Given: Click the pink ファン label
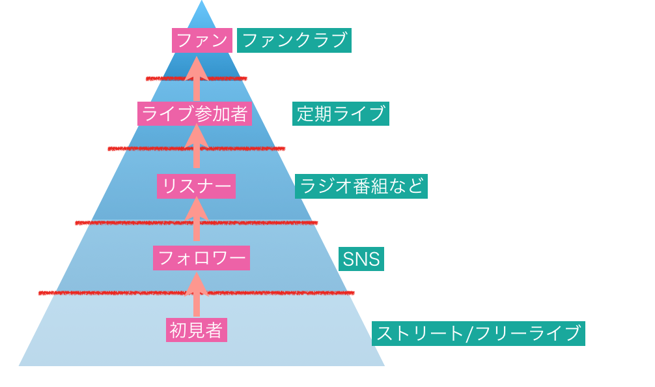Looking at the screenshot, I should pyautogui.click(x=202, y=40).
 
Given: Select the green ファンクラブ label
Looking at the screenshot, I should pyautogui.click(x=294, y=40).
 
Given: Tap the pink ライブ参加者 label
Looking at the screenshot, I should pyautogui.click(x=195, y=114).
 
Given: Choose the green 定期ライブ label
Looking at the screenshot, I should pyautogui.click(x=341, y=113).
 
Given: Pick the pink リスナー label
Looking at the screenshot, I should pyautogui.click(x=196, y=187).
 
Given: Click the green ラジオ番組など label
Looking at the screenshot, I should pyautogui.click(x=361, y=186).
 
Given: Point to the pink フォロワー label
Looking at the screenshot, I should pyautogui.click(x=201, y=258).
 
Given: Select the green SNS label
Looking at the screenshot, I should pyautogui.click(x=361, y=259).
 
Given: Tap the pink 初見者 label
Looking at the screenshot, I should pyautogui.click(x=196, y=330).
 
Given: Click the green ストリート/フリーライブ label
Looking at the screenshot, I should pyautogui.click(x=479, y=334).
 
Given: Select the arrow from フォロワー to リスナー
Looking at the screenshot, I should pyautogui.click(x=197, y=220).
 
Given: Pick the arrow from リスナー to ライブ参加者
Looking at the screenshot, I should pyautogui.click(x=197, y=147).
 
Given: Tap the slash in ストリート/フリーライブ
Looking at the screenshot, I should pyautogui.click(x=470, y=334).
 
